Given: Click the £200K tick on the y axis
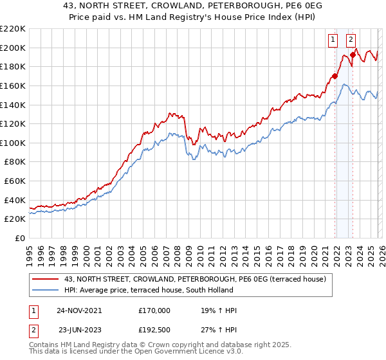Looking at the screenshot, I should tap(13, 48).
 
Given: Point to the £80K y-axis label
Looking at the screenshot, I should tap(15, 162).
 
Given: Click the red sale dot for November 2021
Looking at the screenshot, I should tap(335, 76).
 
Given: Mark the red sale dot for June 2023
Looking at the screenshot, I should tap(353, 55).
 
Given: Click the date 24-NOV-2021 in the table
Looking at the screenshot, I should tap(79, 310).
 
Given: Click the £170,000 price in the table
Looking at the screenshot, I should tap(154, 310).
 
